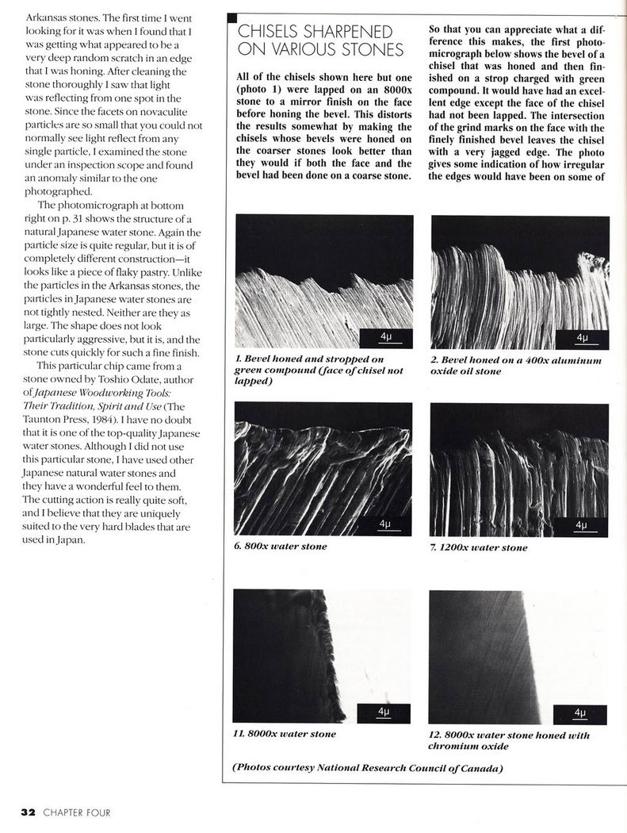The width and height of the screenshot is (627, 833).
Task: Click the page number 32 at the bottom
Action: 28,812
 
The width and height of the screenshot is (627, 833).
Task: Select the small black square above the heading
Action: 231,18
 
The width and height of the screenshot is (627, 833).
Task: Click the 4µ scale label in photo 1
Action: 385,338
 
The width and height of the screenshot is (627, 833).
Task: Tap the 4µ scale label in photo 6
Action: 385,525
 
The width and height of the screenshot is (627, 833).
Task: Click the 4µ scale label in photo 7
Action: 582,526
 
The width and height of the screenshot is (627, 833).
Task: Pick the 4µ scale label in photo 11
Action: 384,712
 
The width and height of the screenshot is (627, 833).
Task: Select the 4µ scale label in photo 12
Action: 581,713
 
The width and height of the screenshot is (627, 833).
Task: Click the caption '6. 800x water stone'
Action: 281,547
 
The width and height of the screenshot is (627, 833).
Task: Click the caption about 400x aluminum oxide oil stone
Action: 515,365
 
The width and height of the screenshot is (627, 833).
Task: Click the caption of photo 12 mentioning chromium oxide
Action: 508,740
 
